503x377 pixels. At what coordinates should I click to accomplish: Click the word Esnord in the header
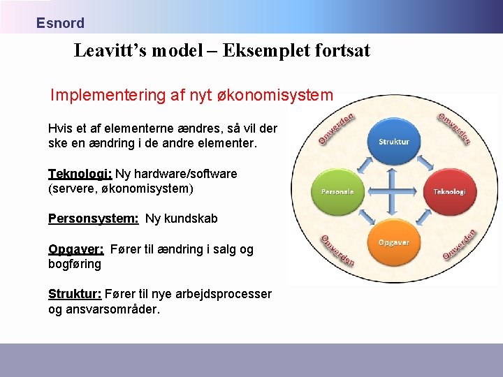click(x=60, y=23)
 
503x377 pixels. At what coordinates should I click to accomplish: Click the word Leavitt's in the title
click(x=108, y=51)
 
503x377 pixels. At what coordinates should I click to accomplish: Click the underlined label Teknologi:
click(x=80, y=174)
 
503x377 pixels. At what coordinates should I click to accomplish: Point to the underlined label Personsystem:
click(x=93, y=219)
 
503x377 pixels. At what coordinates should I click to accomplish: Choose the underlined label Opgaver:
click(x=75, y=249)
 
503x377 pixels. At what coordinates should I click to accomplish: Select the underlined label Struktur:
click(x=74, y=294)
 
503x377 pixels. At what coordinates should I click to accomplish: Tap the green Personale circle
click(x=337, y=191)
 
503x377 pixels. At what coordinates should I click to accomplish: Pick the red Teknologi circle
click(x=449, y=191)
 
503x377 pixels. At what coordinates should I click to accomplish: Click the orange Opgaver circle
click(x=393, y=242)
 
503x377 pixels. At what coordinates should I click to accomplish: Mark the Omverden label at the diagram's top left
click(x=336, y=128)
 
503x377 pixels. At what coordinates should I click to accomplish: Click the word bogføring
click(x=74, y=264)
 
